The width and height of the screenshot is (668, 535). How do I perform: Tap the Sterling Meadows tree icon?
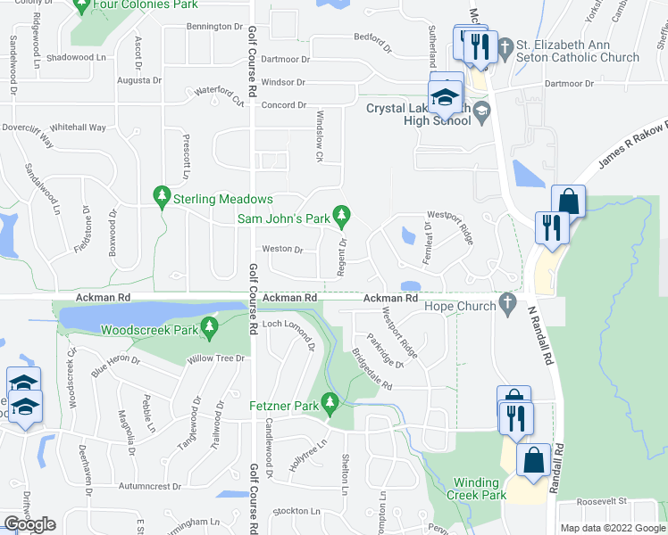click(x=162, y=195)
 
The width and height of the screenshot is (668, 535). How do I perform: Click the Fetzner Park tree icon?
click(x=330, y=403)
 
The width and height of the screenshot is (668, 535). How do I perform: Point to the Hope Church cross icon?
click(x=508, y=302)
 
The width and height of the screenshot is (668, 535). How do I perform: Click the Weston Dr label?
click(x=283, y=250)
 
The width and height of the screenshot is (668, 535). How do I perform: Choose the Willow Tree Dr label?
click(x=214, y=358)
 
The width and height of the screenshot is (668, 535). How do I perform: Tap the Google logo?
click(x=29, y=524)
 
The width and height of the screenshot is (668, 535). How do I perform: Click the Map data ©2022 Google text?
click(x=613, y=528)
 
